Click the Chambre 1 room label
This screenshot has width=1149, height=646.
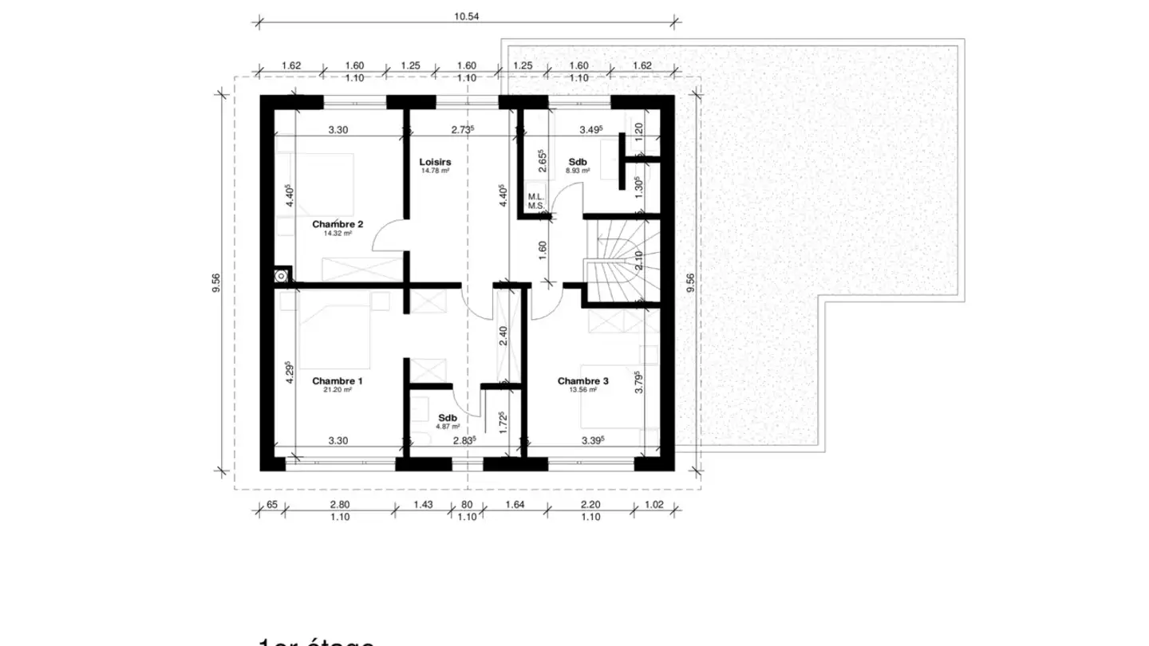[x=337, y=381]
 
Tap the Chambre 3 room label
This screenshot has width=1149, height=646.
[x=582, y=381]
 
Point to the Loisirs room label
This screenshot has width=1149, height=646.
[x=435, y=161]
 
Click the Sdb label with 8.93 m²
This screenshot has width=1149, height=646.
[x=577, y=161]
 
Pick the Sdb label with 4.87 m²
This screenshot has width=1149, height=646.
[x=447, y=418]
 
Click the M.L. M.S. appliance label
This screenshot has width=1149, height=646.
[x=535, y=201]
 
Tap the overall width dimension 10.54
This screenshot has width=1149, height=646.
[x=467, y=16]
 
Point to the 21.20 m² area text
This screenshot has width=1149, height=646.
[x=337, y=391]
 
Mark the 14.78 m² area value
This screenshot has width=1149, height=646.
[x=435, y=170]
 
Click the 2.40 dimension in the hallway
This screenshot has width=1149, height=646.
[x=503, y=335]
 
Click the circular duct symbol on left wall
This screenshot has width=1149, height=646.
[x=281, y=276]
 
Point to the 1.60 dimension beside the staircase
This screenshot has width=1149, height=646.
[x=543, y=247]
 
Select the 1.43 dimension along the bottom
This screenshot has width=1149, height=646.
[x=423, y=504]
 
